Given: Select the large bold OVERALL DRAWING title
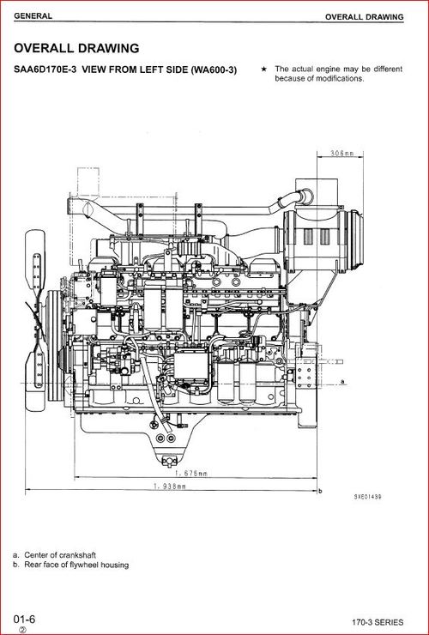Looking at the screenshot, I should (76, 48).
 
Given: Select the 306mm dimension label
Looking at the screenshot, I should (342, 154).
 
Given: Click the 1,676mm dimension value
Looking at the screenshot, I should (189, 473).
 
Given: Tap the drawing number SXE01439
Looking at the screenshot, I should (368, 497).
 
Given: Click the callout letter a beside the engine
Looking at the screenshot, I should (341, 380).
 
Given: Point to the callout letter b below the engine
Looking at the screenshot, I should (319, 491).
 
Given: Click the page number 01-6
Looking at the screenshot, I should (24, 619).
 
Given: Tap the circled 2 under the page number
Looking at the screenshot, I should (23, 629).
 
